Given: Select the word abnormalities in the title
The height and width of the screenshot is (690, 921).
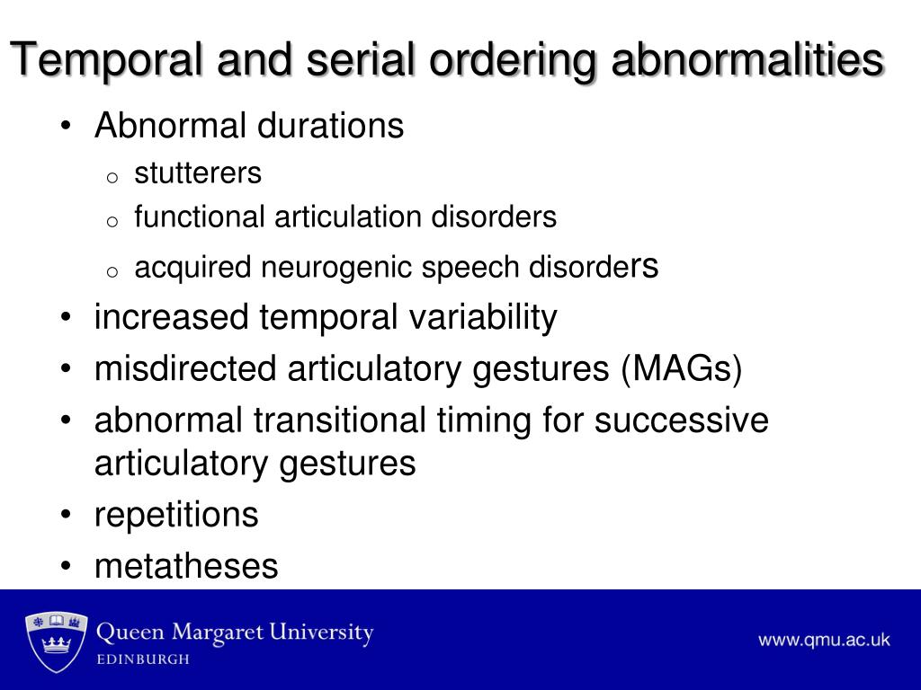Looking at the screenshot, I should click(747, 61).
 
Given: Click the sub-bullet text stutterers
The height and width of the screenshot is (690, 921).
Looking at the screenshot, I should click(198, 172).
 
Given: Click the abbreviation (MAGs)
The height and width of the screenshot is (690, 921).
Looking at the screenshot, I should click(681, 369).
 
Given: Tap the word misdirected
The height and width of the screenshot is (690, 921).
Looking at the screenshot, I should click(180, 369).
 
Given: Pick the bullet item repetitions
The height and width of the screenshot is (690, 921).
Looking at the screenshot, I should click(176, 516).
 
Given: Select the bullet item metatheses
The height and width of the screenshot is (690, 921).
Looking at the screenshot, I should click(186, 566).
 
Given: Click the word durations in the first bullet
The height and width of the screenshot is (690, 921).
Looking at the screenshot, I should click(330, 126).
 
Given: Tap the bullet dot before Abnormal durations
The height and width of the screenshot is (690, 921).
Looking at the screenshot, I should click(68, 127).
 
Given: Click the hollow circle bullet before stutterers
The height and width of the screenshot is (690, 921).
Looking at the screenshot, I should click(112, 177).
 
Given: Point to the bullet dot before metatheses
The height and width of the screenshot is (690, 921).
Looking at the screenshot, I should click(68, 567).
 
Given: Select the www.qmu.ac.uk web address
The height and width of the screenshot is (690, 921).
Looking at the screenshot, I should click(823, 640).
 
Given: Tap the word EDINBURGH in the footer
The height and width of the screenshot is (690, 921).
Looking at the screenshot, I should click(143, 659).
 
